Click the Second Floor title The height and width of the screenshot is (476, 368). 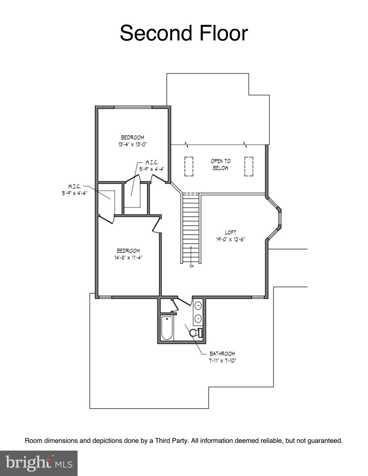(184, 33)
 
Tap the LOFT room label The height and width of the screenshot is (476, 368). (231, 232)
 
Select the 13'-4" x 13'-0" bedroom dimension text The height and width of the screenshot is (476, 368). (132, 144)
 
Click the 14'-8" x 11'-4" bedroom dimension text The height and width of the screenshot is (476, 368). (128, 257)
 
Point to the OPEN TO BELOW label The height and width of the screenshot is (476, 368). (221, 165)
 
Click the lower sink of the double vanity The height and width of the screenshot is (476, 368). (198, 318)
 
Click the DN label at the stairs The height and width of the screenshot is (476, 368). (191, 266)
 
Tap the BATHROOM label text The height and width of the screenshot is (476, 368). (222, 354)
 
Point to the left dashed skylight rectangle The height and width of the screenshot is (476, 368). (189, 166)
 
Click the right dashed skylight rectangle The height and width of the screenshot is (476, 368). (249, 166)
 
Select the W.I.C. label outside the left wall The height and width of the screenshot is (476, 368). (74, 187)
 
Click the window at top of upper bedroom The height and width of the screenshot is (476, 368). (133, 108)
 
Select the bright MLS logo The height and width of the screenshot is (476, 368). (38, 463)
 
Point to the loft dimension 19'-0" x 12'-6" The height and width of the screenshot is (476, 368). (231, 239)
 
